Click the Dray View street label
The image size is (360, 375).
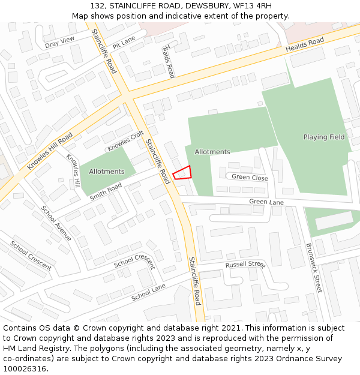click(x=59, y=41)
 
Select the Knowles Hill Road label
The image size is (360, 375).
click(x=50, y=151)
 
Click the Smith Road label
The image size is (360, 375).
click(x=106, y=192)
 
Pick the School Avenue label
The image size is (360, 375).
click(x=56, y=223)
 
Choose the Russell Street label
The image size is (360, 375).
click(x=245, y=264)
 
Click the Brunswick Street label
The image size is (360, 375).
click(x=314, y=267)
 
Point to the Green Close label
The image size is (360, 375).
click(x=250, y=178)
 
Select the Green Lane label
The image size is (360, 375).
click(x=266, y=202)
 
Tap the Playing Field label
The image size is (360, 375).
click(x=324, y=137)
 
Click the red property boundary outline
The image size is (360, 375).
click(x=182, y=172)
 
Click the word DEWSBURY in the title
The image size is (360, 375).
click(x=205, y=5)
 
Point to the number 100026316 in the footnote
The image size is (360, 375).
click(x=25, y=368)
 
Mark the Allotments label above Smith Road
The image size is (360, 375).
click(x=107, y=172)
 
